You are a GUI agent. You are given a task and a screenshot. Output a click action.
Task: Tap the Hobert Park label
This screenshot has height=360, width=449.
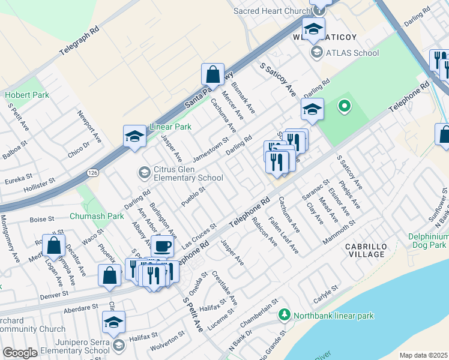tap(27, 95)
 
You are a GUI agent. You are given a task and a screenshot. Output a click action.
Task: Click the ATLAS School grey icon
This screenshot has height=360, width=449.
tap(316, 53)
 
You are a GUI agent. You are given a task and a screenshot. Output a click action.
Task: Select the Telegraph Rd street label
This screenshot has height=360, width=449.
tap(79, 41)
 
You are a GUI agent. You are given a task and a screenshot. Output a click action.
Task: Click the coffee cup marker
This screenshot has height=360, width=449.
tap(161, 246)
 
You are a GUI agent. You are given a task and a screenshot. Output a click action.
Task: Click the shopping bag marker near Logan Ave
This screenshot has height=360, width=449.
tap(54, 245)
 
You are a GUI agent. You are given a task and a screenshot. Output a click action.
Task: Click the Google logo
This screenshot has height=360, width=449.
tap(20, 353)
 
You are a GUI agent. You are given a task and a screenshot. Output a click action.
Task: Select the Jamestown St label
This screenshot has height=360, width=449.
tap(211, 150)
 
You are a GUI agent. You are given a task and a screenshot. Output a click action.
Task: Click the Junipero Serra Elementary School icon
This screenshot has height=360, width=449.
tap(119, 344)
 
